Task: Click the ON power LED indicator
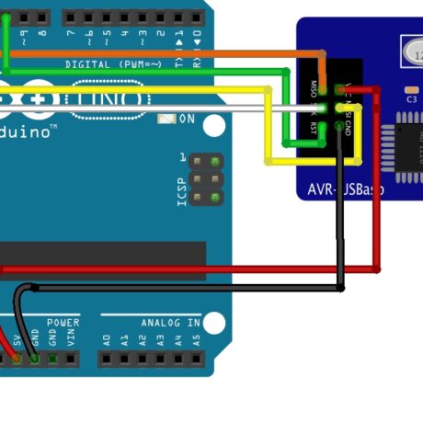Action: click(167, 118)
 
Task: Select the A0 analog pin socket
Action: click(106, 357)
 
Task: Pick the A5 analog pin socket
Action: click(195, 357)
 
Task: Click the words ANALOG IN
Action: click(170, 323)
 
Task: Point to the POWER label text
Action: click(63, 323)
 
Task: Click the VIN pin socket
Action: click(70, 357)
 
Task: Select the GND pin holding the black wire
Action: click(34, 357)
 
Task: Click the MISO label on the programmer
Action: click(314, 88)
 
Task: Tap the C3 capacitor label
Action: click(411, 98)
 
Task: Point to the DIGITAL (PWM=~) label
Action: click(114, 64)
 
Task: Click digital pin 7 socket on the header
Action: click(71, 17)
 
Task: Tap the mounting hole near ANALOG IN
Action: click(214, 323)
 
